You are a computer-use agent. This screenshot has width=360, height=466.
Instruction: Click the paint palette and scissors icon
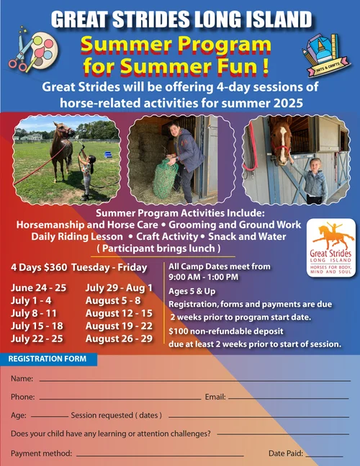tap(31, 50)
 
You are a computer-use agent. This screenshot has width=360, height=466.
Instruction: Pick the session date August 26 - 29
tap(119, 339)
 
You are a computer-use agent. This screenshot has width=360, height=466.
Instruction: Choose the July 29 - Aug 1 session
tap(119, 287)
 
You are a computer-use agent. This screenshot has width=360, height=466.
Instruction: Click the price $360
tap(56, 267)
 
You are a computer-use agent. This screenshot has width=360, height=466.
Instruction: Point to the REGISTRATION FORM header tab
tap(48, 359)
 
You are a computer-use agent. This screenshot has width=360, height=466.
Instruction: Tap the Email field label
tap(215, 397)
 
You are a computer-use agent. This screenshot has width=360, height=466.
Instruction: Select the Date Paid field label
tap(285, 454)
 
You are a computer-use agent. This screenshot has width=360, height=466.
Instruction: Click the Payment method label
tap(41, 454)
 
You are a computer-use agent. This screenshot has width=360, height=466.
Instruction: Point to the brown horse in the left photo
tap(62, 148)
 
